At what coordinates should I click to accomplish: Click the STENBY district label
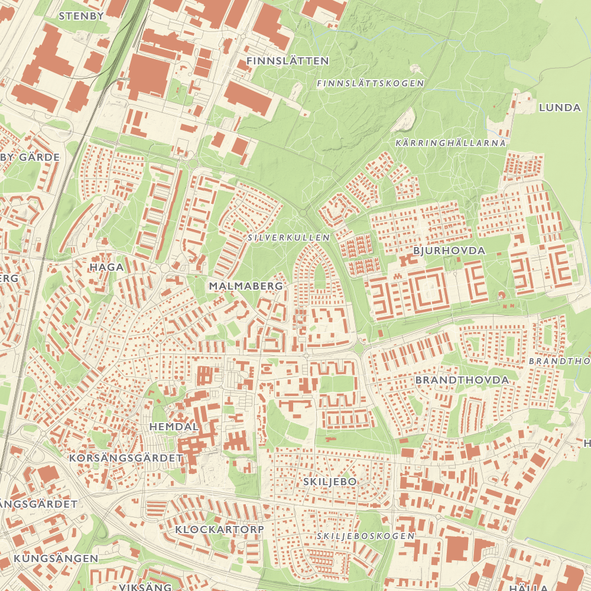(82, 16)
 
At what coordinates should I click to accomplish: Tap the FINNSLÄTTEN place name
(287, 61)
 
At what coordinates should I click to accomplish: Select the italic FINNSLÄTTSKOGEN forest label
(371, 83)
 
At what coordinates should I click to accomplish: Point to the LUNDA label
(560, 108)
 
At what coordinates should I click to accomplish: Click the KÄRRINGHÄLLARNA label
(450, 143)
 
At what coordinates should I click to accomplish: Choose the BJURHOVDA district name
(449, 251)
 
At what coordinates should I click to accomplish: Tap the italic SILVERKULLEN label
(289, 237)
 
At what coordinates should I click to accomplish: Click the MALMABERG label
(246, 286)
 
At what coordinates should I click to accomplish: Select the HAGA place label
(106, 267)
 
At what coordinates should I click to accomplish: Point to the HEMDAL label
(174, 426)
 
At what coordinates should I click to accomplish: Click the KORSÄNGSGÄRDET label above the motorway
(126, 458)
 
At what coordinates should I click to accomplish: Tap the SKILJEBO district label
(330, 482)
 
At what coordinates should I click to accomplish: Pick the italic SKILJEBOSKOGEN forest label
(365, 535)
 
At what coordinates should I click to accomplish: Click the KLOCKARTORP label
(219, 529)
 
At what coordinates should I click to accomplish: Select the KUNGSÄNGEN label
(56, 558)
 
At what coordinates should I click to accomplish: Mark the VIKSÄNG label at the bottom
(145, 587)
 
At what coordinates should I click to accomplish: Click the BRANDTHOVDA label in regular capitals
(462, 379)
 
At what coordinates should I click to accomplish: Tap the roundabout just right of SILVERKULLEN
(303, 212)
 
